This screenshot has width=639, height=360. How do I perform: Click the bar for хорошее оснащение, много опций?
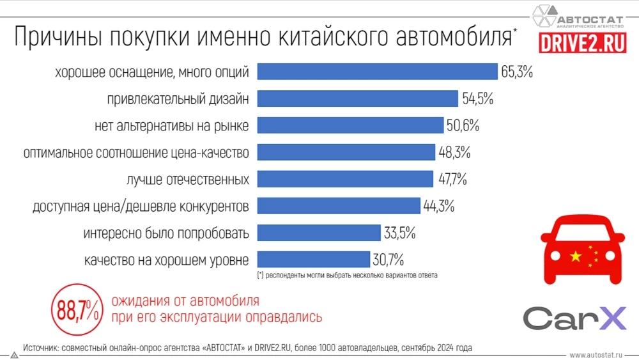pos(377,72)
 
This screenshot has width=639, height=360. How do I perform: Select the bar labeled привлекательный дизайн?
pos(358,98)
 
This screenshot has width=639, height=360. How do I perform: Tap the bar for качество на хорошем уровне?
pos(313,260)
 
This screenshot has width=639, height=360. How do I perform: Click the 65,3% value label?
pos(517,72)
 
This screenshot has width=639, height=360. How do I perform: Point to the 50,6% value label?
pos(463,125)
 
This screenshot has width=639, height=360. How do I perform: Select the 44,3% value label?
pos(438,206)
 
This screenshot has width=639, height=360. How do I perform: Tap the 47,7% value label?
pos(452,179)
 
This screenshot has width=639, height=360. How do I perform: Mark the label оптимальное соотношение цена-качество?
pos(136,152)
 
